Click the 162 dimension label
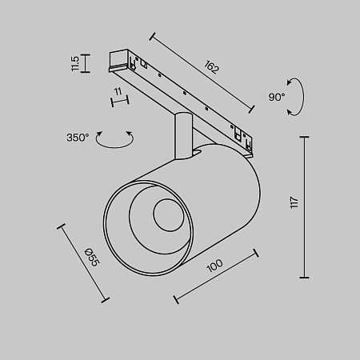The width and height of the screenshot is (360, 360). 211,67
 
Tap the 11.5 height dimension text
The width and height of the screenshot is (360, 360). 75,63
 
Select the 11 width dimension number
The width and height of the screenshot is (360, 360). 118,91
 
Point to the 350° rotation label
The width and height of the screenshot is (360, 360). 78,138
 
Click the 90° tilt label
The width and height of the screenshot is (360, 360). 277,97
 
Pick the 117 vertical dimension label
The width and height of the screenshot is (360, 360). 294,202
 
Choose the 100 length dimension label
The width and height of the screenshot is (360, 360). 214,266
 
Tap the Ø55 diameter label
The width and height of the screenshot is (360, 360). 92,257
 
